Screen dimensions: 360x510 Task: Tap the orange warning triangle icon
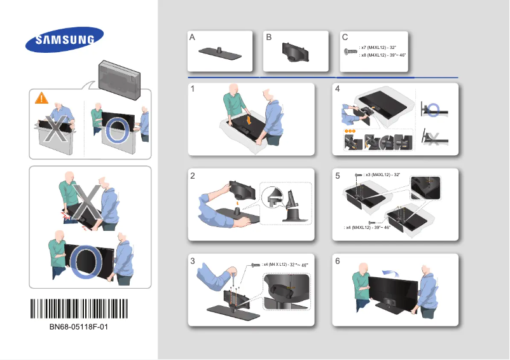pyautogui.click(x=41, y=99)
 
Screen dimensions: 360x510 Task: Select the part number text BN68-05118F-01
pyautogui.click(x=78, y=327)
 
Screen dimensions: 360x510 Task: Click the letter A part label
pyautogui.click(x=192, y=38)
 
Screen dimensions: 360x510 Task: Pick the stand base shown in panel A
pyautogui.click(x=220, y=54)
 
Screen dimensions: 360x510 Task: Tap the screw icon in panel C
pyautogui.click(x=349, y=52)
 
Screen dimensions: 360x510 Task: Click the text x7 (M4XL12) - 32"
pyautogui.click(x=378, y=48)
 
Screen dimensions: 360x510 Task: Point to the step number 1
pyautogui.click(x=192, y=90)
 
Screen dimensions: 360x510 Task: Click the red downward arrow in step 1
pyautogui.click(x=249, y=118)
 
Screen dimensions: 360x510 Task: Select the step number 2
pyautogui.click(x=192, y=177)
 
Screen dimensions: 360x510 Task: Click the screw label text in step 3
pyautogui.click(x=286, y=264)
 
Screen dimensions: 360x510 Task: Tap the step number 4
pyautogui.click(x=338, y=90)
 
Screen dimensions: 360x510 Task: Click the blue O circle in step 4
pyautogui.click(x=433, y=109)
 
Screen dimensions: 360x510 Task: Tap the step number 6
pyautogui.click(x=338, y=261)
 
